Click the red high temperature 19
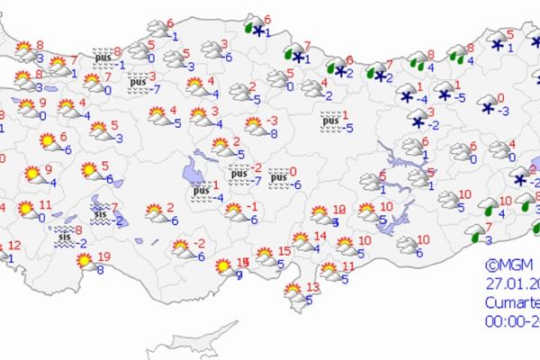[x=105, y=256]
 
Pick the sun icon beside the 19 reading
[x=85, y=261]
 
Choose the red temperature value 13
[x=312, y=287]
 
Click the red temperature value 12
[x=15, y=245]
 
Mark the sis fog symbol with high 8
[x=64, y=235]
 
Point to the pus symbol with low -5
[x=331, y=117]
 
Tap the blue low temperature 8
[x=101, y=269]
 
